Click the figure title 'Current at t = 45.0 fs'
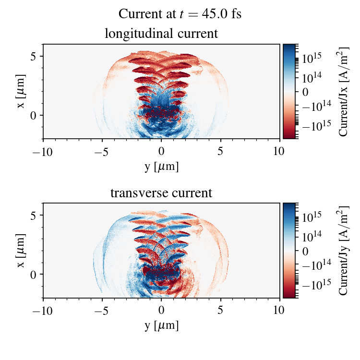[180, 14]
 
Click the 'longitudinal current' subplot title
[161, 34]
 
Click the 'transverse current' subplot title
[161, 193]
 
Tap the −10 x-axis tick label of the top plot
[43, 151]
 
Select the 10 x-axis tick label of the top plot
[280, 151]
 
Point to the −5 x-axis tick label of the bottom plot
[102, 311]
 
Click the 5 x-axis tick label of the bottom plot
[221, 311]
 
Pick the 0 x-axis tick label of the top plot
[161, 151]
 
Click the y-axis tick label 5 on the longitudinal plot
[35, 56]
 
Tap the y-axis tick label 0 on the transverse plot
[35, 274]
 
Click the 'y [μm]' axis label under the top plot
[161, 167]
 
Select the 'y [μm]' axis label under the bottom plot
[161, 326]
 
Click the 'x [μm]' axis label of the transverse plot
[22, 251]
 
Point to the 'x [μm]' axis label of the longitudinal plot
[22, 91]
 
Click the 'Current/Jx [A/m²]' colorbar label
[343, 91]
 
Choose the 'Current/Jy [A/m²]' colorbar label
[343, 251]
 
